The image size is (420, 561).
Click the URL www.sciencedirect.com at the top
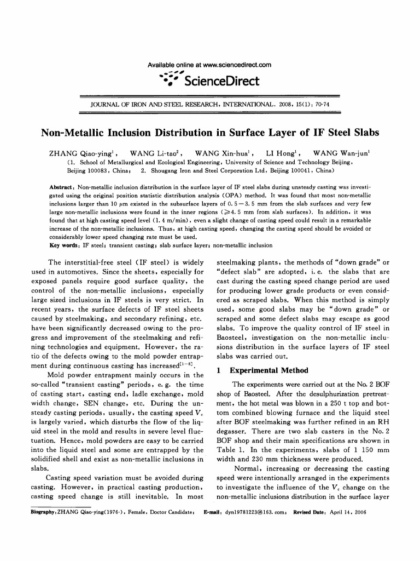pos(236,66)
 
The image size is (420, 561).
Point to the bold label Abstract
pos(59,187)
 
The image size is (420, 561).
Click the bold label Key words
pos(62,245)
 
